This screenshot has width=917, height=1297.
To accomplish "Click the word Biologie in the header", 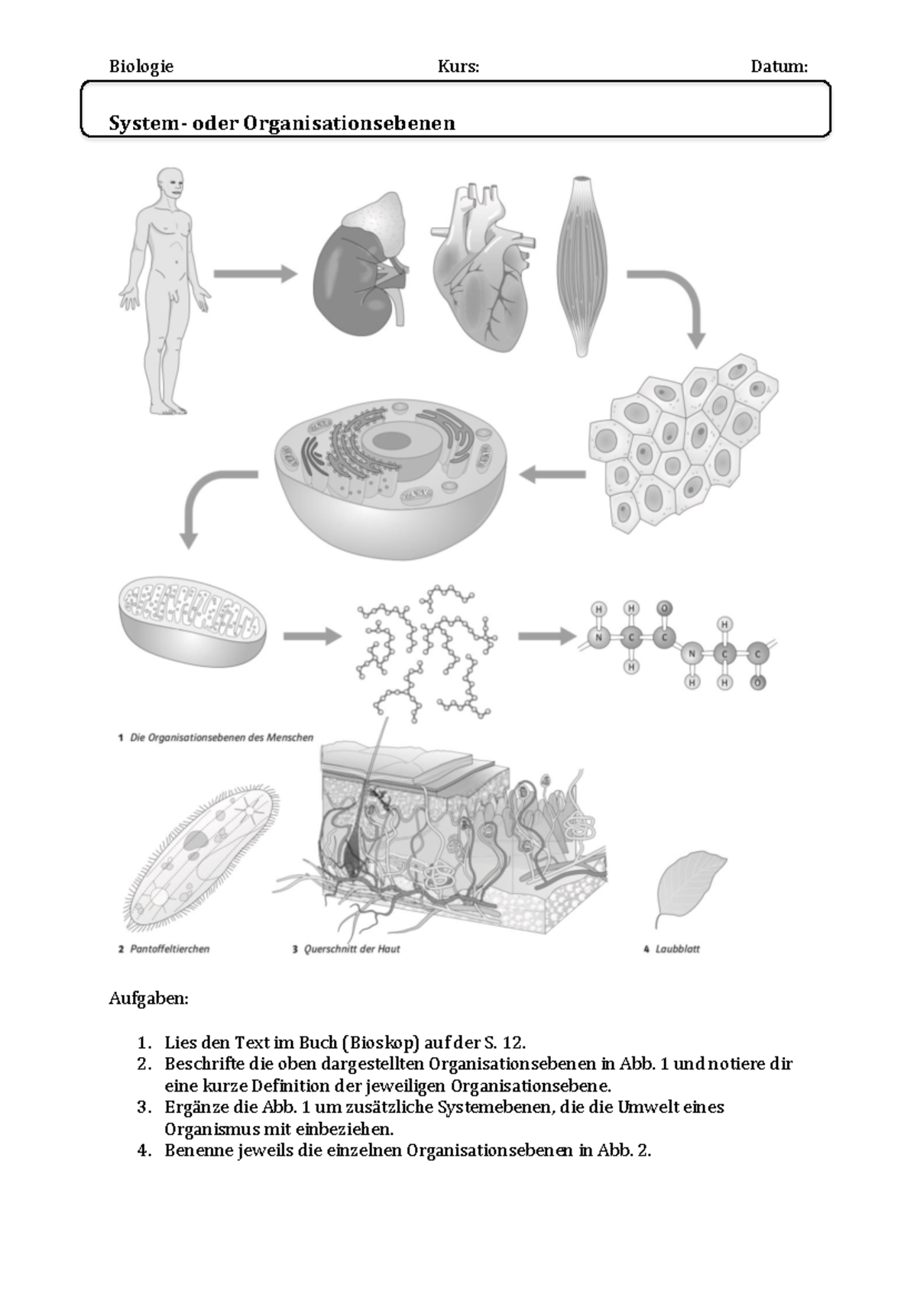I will point(141,66).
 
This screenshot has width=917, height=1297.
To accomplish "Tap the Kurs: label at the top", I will point(458,66).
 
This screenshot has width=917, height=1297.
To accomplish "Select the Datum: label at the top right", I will point(779,66).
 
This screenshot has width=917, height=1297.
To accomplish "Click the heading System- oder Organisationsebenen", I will point(282,123).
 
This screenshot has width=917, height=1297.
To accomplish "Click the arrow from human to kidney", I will point(254,273).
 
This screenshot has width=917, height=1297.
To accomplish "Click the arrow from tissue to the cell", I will point(552,475).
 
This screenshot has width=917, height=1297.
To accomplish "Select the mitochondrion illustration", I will point(193,623).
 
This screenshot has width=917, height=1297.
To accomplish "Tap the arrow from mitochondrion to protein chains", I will point(312,636).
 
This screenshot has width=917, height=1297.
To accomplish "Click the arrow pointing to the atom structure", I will point(546,636).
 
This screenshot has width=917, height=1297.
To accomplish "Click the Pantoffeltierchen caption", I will point(170,949).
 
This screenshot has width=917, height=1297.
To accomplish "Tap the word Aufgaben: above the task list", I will point(148,998).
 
